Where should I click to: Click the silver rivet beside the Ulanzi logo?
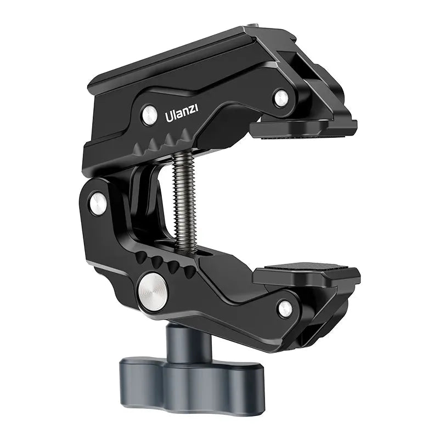[149, 114]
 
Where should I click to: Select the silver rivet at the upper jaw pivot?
[280, 97]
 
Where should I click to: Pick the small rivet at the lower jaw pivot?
[285, 309]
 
